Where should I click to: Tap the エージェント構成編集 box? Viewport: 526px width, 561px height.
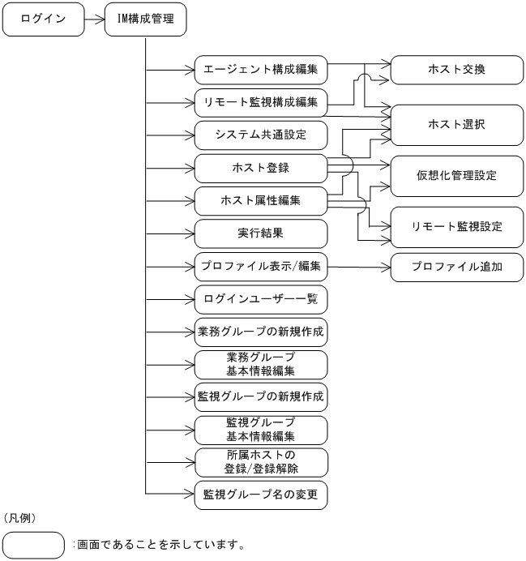[x=261, y=71]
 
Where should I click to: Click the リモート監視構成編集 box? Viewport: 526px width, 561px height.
[x=261, y=102]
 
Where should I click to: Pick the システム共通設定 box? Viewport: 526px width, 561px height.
[x=261, y=135]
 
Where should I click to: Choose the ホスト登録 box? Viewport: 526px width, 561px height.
[x=261, y=168]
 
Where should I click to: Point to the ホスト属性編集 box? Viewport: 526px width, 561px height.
[x=261, y=200]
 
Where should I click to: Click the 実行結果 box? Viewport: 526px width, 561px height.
[x=261, y=233]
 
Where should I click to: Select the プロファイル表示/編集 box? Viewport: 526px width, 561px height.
[x=261, y=266]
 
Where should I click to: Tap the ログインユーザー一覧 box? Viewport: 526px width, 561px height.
[x=261, y=299]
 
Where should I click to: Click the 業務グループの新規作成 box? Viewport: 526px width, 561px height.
[x=261, y=332]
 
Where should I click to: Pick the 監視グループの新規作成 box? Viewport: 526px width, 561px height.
[x=261, y=397]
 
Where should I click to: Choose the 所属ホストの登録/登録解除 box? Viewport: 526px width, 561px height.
[x=261, y=462]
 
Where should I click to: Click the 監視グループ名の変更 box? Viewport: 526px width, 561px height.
[x=261, y=495]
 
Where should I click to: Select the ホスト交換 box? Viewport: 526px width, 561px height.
[x=457, y=71]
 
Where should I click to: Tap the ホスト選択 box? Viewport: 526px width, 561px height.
[x=457, y=124]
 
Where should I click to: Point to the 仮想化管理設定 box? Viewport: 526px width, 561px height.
[x=457, y=175]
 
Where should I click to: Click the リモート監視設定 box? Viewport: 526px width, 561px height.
[x=457, y=227]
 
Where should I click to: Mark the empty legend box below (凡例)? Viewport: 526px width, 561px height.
[x=33, y=545]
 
